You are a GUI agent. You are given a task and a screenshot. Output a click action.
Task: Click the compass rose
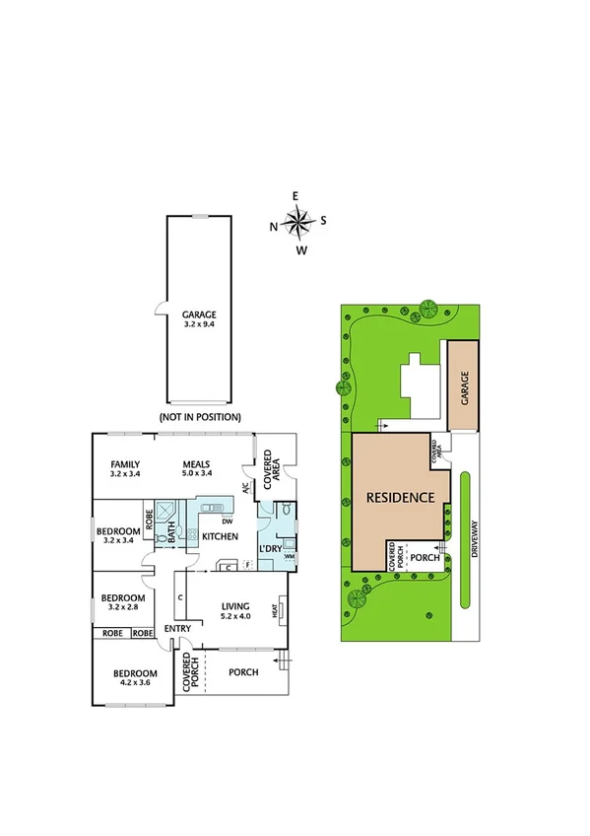297,222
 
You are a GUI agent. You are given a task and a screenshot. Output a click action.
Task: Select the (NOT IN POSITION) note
199,417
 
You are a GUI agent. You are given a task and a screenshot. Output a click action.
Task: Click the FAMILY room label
125,469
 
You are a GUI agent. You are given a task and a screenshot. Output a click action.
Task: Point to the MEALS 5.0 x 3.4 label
199,469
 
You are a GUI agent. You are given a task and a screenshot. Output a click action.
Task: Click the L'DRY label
270,548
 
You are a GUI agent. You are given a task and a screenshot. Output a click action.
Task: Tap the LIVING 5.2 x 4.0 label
236,611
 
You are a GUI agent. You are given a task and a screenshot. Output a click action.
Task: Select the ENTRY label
177,629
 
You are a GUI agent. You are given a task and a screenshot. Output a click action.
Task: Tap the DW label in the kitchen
227,521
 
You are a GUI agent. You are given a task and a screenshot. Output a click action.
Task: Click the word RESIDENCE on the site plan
400,498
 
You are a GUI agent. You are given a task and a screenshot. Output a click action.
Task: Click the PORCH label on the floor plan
242,672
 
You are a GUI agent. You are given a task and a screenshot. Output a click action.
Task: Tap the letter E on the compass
295,196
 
